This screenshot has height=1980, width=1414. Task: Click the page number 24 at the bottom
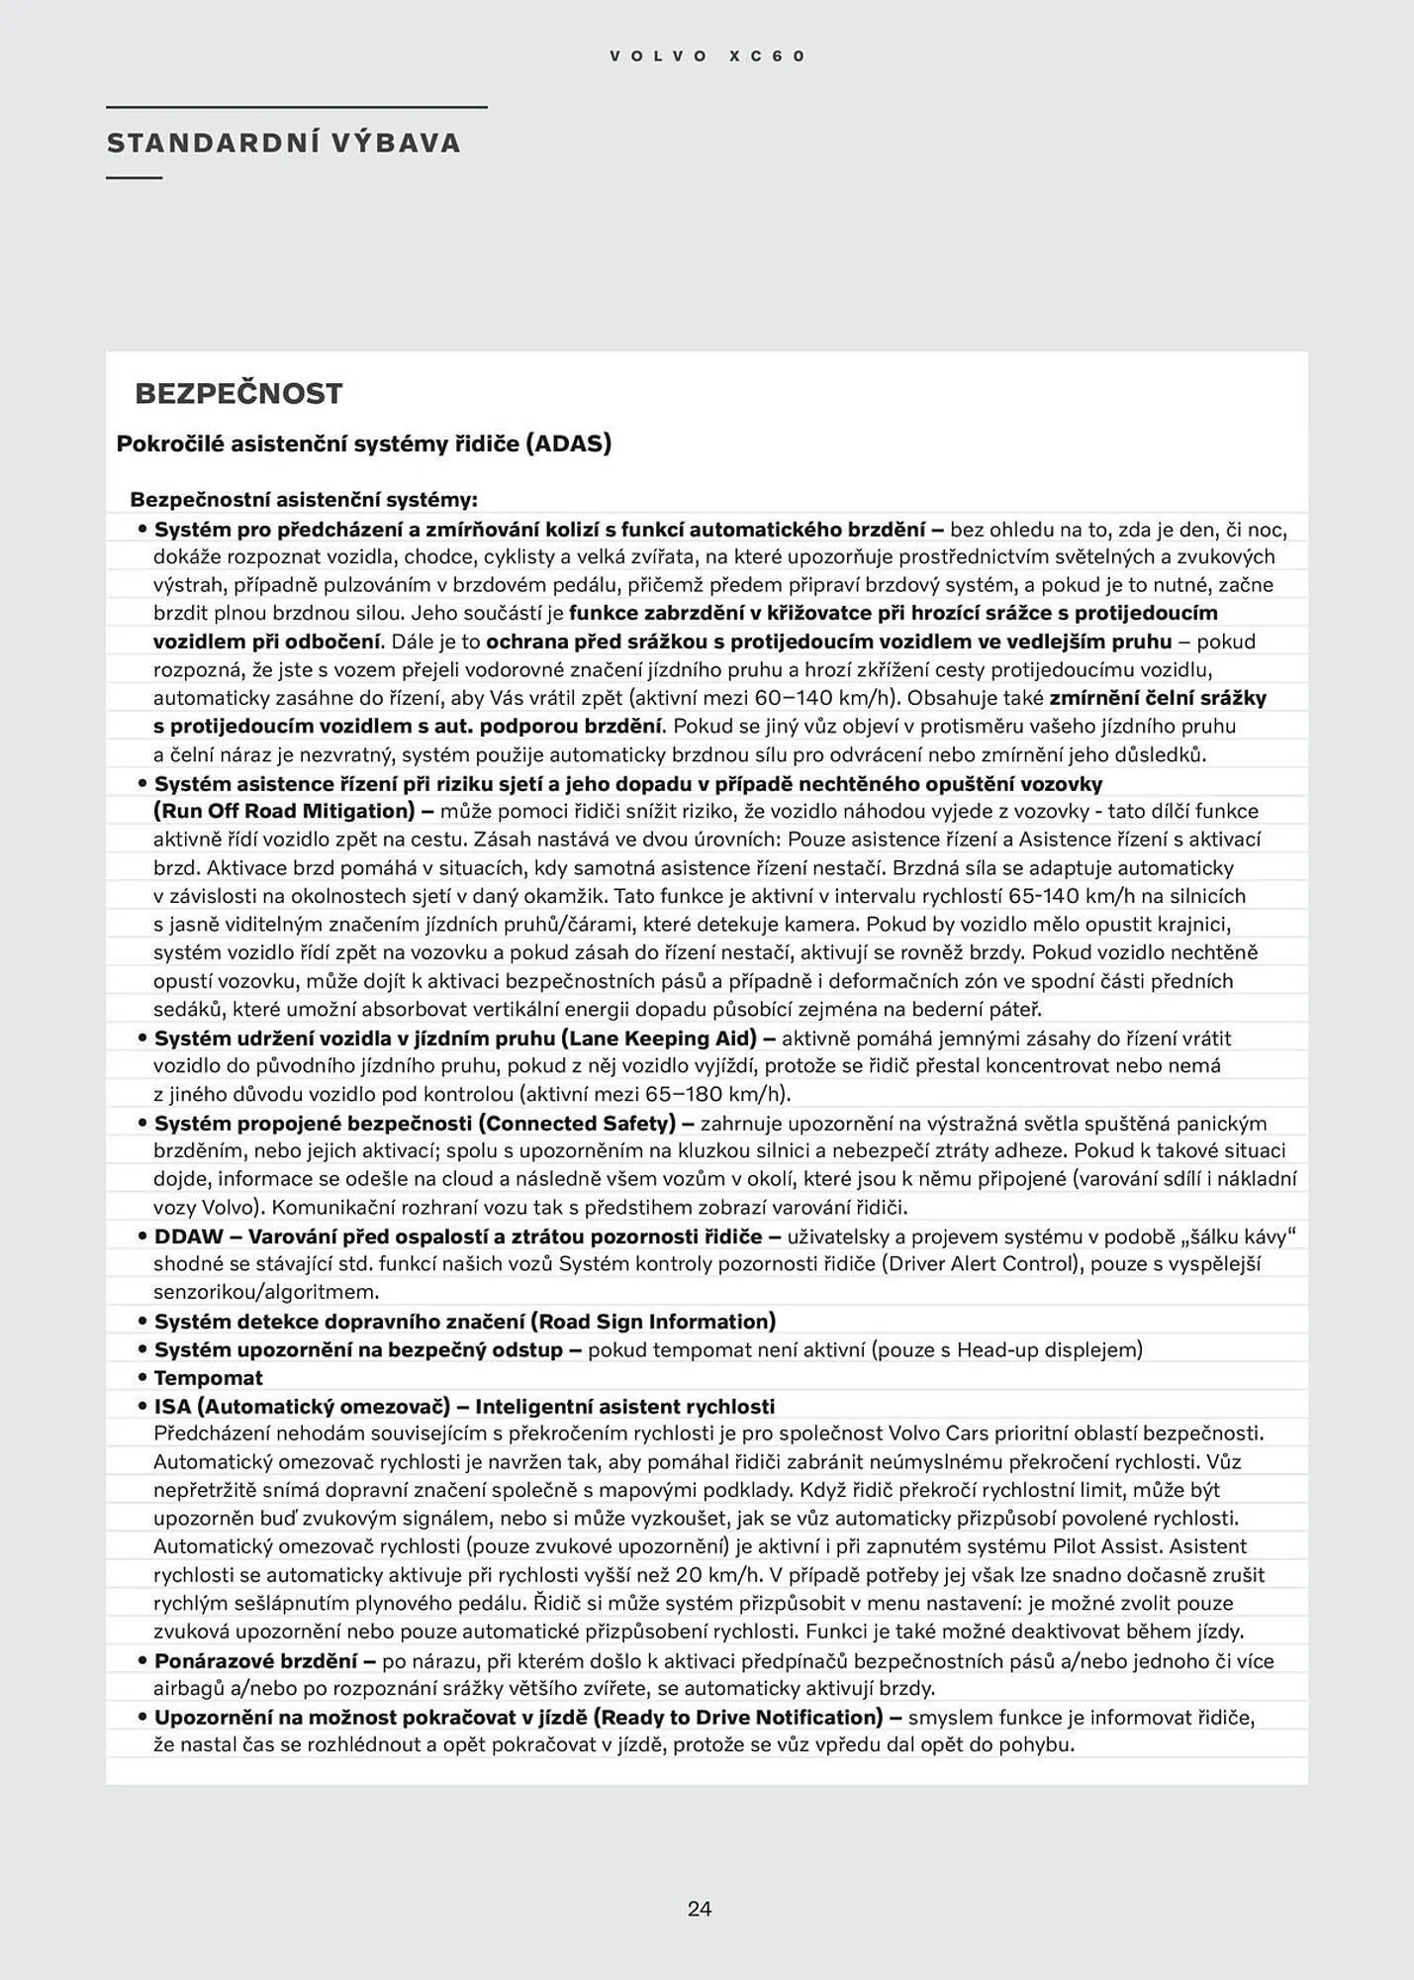click(700, 1909)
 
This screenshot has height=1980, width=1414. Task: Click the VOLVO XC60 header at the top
click(707, 56)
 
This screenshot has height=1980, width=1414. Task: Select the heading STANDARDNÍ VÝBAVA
click(284, 143)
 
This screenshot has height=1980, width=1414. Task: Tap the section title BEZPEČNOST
click(238, 393)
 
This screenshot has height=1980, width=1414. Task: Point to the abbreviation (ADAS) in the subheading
click(567, 443)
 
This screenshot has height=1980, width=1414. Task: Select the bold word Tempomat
click(208, 1377)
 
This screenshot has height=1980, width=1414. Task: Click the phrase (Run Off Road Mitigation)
click(284, 811)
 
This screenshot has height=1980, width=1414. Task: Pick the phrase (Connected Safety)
click(578, 1123)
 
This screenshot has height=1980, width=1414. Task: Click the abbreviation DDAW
click(188, 1237)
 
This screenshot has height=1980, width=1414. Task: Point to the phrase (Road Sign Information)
click(653, 1321)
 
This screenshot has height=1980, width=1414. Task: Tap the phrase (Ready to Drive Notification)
click(737, 1717)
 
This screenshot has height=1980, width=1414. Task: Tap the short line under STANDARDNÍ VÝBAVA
click(134, 178)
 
